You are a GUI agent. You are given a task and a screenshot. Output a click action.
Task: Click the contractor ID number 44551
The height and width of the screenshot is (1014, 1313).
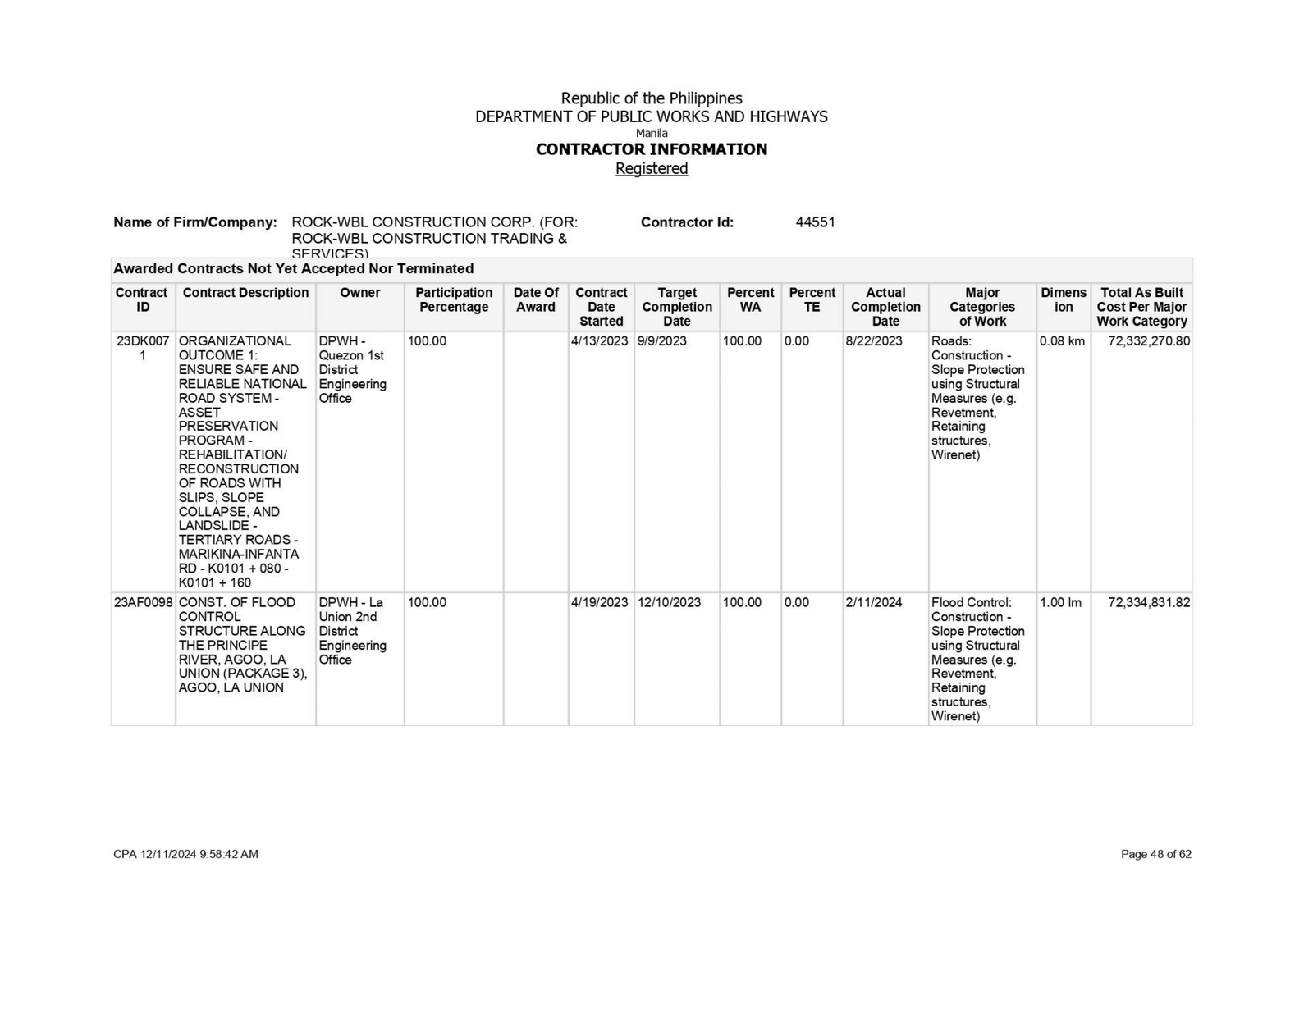point(815,222)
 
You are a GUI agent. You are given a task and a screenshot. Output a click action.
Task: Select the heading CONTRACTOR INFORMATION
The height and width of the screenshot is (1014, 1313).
point(652,149)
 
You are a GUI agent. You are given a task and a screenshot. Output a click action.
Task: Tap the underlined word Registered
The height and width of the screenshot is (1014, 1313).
point(652,168)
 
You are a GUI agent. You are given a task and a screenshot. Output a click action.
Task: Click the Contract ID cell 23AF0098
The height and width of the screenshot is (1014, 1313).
point(143,602)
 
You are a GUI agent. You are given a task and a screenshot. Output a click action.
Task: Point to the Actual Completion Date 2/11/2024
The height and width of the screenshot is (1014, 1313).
point(873,602)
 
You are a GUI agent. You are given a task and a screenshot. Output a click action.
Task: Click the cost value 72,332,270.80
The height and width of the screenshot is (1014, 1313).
point(1148,341)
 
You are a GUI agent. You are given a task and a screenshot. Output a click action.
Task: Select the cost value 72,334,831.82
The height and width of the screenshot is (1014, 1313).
point(1148,602)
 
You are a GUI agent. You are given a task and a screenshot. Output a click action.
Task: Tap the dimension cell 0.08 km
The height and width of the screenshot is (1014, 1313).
point(1062,341)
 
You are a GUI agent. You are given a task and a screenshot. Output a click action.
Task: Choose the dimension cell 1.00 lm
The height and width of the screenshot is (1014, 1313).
point(1060,602)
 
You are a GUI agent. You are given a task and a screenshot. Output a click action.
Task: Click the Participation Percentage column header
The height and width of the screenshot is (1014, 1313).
point(454,299)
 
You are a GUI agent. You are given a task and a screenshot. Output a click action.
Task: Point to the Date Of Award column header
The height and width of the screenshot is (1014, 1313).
point(536,299)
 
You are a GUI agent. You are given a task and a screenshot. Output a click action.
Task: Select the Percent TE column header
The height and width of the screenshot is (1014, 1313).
point(812,299)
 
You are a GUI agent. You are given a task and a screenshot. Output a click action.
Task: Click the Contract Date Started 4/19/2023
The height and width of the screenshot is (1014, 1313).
point(600,602)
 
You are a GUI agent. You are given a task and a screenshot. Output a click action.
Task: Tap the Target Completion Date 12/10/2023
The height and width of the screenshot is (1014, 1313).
point(669,602)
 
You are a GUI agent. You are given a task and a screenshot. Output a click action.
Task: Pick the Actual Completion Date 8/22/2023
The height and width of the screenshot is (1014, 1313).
point(873,341)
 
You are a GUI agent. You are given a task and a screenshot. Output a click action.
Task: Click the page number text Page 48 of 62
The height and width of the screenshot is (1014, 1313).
point(1155,854)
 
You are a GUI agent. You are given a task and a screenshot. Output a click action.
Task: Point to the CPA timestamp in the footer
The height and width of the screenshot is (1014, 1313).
point(185,854)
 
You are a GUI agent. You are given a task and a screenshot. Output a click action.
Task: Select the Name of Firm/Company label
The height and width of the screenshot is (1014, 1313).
point(195,222)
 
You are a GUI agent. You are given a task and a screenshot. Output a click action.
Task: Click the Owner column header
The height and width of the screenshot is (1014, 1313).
point(359,293)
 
